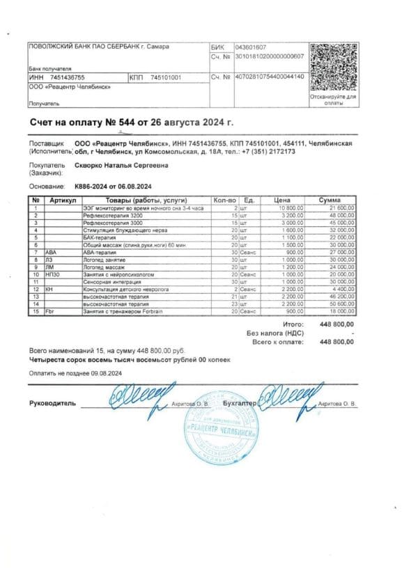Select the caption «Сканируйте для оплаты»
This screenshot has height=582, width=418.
(x=333, y=100)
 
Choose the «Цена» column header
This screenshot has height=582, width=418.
(x=281, y=200)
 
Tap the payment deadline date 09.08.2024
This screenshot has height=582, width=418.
(x=104, y=373)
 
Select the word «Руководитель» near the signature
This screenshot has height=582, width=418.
(x=52, y=404)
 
